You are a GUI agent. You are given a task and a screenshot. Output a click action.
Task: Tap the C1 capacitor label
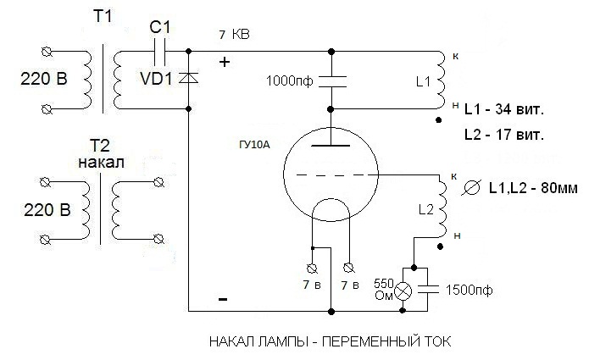pos(161,28)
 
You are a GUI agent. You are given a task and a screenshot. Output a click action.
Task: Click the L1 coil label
pos(424,82)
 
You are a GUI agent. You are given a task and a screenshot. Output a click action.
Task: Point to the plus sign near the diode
pos(225,62)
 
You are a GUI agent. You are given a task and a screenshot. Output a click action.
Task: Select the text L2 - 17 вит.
pos(503,136)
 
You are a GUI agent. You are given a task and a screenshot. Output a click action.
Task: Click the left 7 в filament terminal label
pos(312,285)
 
